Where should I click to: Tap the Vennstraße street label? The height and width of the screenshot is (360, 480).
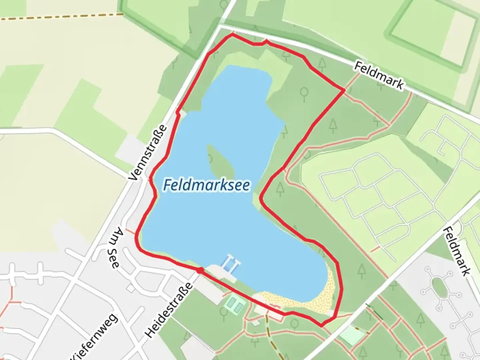click(148, 153)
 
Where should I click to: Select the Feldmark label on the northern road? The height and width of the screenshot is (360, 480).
click(379, 75)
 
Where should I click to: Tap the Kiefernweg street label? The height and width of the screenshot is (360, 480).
click(95, 337)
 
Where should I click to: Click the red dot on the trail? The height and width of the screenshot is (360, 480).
click(200, 271)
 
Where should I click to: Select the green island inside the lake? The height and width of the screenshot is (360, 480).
click(221, 162)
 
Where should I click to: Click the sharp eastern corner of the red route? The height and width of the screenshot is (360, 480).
click(344, 90)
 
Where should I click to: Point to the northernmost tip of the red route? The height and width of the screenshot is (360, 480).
click(232, 34)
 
